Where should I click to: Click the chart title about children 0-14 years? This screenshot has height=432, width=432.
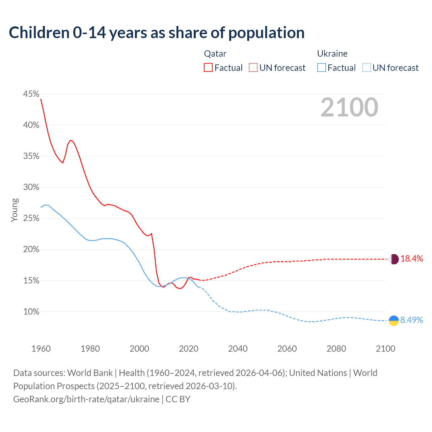click(157, 33)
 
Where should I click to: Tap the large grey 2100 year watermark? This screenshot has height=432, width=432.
click(349, 107)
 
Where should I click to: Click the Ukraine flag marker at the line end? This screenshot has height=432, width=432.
click(394, 320)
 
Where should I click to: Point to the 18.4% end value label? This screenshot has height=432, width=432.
click(412, 259)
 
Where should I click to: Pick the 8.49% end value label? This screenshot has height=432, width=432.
click(411, 320)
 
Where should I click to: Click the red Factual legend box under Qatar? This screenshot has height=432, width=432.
click(208, 68)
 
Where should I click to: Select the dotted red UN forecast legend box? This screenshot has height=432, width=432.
click(253, 68)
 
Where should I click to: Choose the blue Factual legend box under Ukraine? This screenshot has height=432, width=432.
click(321, 68)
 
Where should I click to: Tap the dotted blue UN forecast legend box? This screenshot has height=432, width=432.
click(366, 68)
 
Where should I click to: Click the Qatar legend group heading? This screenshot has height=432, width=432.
click(215, 54)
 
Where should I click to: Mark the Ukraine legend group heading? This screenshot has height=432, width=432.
click(332, 54)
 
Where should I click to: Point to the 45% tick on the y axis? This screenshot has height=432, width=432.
click(31, 94)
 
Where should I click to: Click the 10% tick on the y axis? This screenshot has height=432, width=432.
click(31, 312)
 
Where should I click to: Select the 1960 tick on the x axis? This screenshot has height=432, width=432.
click(41, 349)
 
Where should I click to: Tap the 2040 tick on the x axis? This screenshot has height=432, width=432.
click(238, 349)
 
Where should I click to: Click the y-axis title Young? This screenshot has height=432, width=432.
click(15, 210)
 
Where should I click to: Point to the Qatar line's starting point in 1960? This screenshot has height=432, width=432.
click(41, 99)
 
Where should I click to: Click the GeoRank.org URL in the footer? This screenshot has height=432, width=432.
click(86, 399)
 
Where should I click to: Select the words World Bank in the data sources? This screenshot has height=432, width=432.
click(90, 373)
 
